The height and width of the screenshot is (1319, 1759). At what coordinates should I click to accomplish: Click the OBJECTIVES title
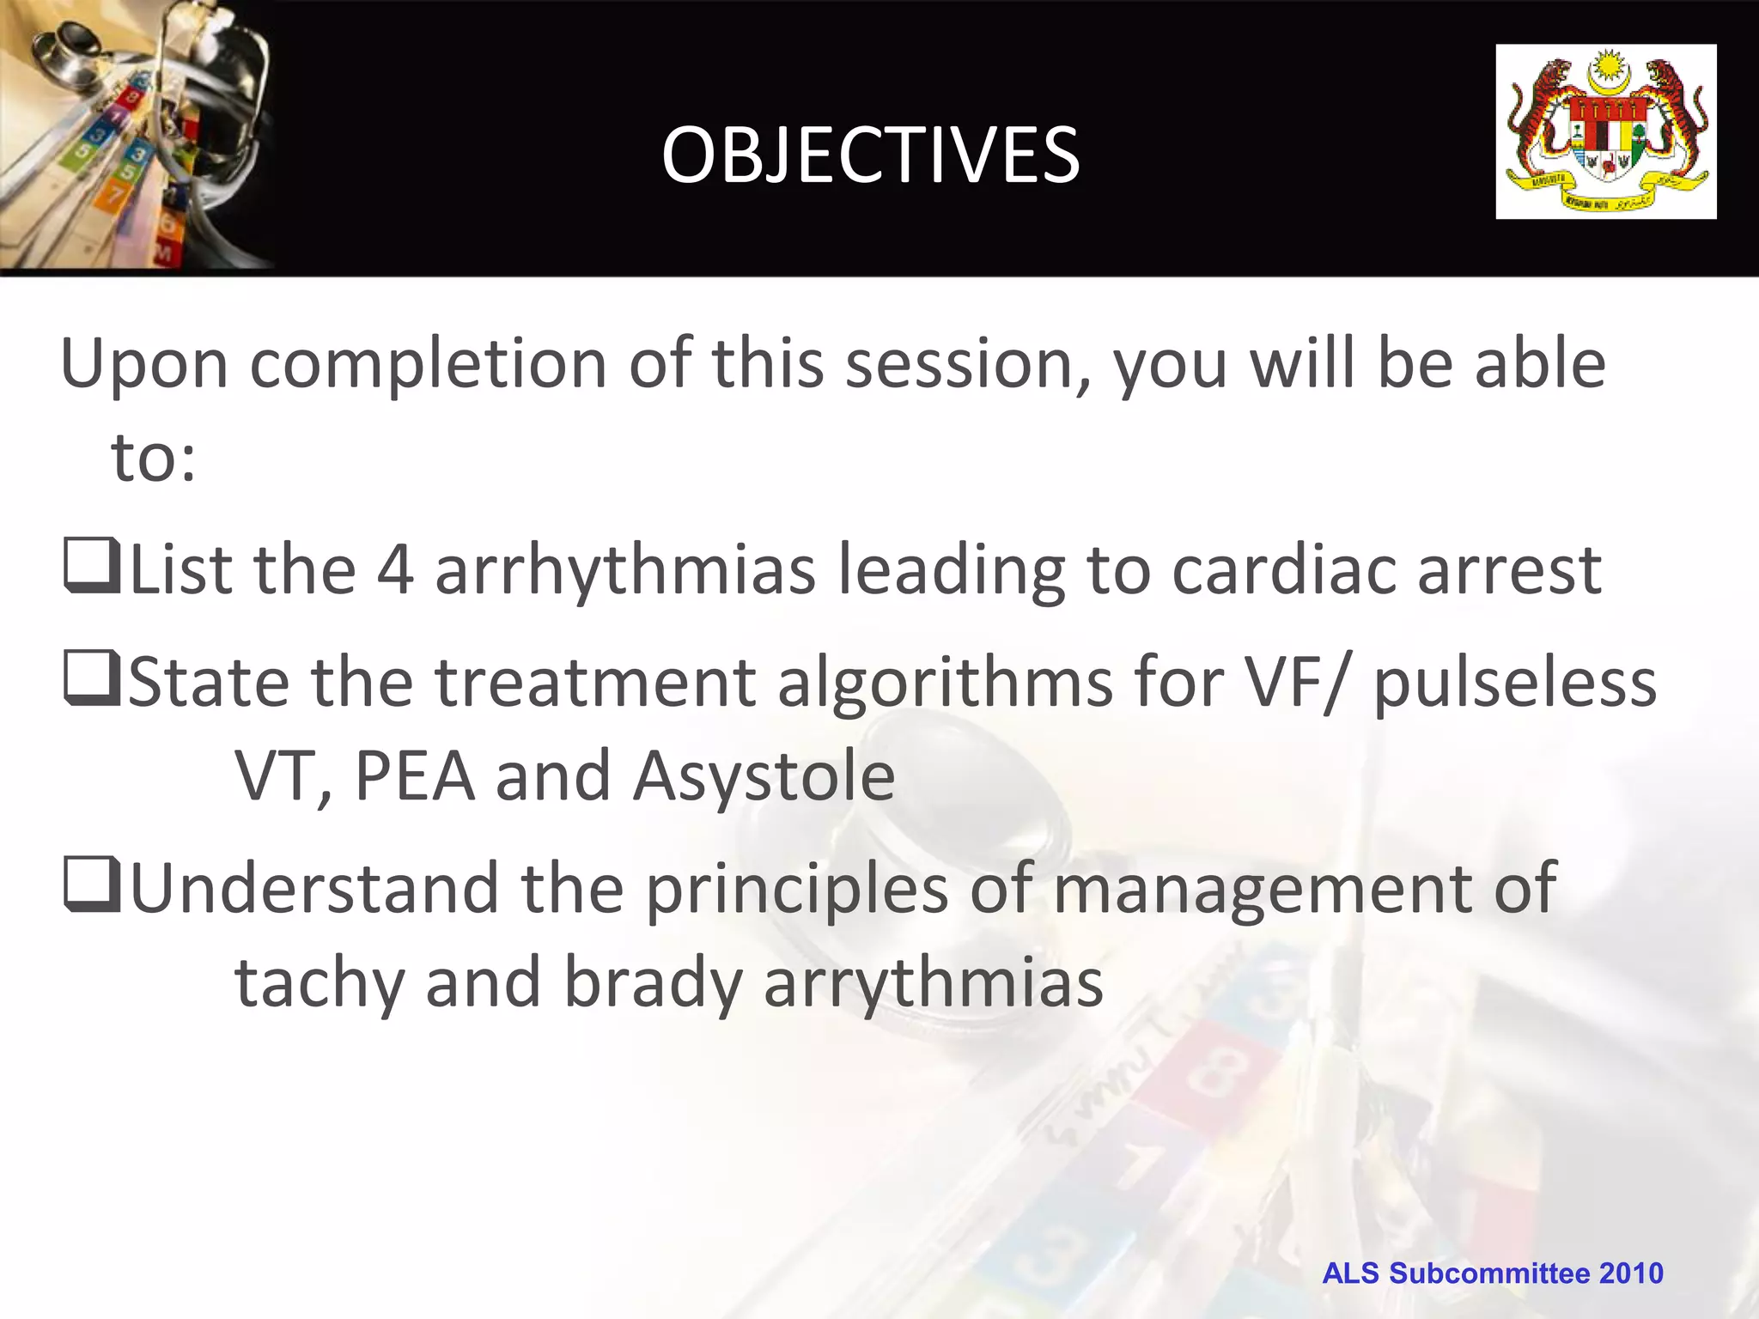(870, 155)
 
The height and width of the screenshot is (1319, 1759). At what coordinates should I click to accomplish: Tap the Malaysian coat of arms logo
(1605, 131)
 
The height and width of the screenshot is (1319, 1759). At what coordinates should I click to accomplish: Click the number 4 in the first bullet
(395, 570)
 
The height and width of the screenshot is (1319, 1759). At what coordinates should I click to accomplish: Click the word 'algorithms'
(945, 684)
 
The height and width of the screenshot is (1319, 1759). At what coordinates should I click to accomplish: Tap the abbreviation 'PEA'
(414, 776)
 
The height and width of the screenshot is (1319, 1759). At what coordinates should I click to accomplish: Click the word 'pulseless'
(1515, 684)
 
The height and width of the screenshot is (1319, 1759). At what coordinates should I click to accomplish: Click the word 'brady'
(653, 983)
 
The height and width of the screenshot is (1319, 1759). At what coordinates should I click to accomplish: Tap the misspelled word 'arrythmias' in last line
(933, 983)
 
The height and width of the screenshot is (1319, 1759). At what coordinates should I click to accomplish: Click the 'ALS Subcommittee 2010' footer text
(1492, 1273)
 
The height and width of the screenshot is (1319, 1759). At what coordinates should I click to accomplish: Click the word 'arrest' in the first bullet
(1509, 570)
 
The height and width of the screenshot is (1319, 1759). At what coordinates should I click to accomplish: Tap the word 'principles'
(796, 890)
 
